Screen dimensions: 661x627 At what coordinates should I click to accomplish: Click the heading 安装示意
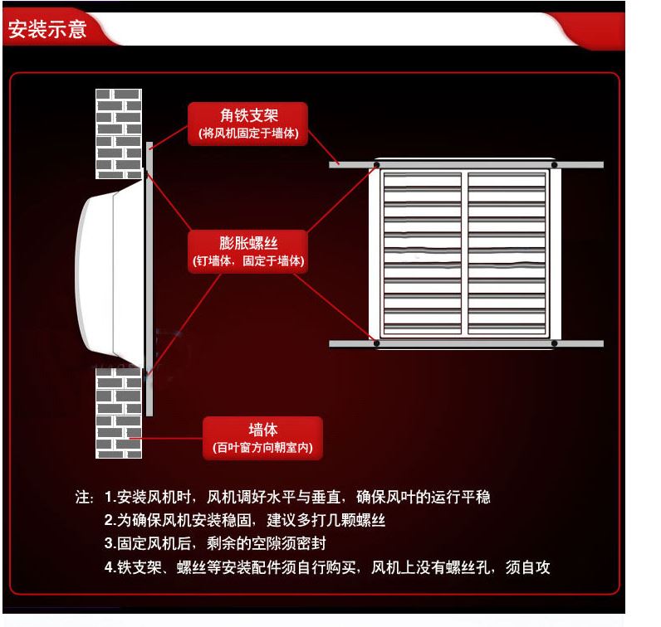pyautogui.click(x=47, y=29)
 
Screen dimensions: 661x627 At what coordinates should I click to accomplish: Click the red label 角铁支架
pyautogui.click(x=247, y=124)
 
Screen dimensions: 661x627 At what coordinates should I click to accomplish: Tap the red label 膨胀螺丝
pyautogui.click(x=247, y=251)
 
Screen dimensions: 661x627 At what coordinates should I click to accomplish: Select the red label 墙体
pyautogui.click(x=262, y=438)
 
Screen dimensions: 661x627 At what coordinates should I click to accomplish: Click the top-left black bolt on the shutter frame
pyautogui.click(x=376, y=165)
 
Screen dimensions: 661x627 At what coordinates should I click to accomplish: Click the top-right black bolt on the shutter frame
pyautogui.click(x=555, y=165)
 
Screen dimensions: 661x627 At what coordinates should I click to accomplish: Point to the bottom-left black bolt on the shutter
pyautogui.click(x=376, y=343)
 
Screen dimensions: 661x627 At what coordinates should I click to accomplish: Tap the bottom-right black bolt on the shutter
pyautogui.click(x=555, y=343)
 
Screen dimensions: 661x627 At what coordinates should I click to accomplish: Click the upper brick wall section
pyautogui.click(x=119, y=134)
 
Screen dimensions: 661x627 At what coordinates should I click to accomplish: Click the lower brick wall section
pyautogui.click(x=119, y=413)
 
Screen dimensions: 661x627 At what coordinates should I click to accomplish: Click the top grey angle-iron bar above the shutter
pyautogui.click(x=466, y=165)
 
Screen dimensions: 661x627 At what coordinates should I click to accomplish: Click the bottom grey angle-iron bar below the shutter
pyautogui.click(x=466, y=343)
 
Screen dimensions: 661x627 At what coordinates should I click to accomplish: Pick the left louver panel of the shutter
pyautogui.click(x=423, y=254)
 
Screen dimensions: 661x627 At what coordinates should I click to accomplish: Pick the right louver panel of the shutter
pyautogui.click(x=507, y=254)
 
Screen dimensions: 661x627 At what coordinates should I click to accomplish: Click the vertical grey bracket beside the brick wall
pyautogui.click(x=149, y=279)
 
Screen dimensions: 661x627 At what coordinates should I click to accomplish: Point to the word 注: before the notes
pyautogui.click(x=85, y=498)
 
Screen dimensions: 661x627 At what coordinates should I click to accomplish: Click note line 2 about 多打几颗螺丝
pyautogui.click(x=244, y=521)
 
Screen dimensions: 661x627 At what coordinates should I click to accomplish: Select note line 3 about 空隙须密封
pyautogui.click(x=215, y=543)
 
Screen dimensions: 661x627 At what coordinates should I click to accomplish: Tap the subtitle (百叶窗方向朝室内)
pyautogui.click(x=262, y=447)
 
